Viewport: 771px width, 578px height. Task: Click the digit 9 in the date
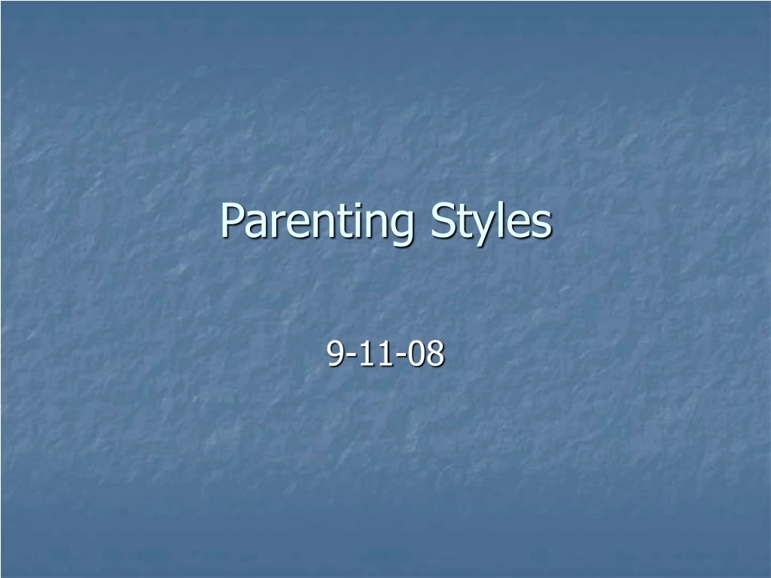pyautogui.click(x=335, y=354)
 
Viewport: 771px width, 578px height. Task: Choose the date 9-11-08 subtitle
pyautogui.click(x=385, y=354)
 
